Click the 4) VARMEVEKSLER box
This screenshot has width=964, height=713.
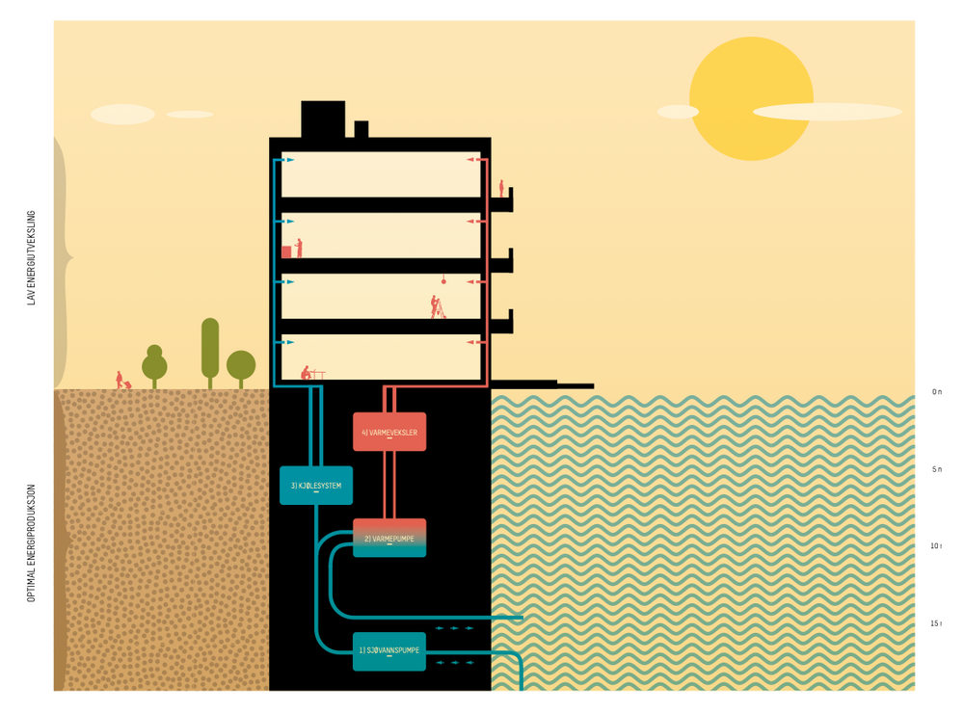389,432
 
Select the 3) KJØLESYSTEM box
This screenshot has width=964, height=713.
316,486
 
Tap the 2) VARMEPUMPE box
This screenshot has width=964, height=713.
389,538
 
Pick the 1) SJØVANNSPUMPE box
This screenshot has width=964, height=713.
389,651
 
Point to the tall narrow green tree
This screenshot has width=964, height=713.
210,349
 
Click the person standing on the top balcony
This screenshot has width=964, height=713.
501,188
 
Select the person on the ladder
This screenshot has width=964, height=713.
437,306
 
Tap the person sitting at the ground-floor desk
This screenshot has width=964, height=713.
307,372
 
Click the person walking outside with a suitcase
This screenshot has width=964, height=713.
120,380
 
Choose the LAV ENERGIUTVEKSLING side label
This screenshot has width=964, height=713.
31,257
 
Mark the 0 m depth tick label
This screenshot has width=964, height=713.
936,392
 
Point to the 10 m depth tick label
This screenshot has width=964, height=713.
935,546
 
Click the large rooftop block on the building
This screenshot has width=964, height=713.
323,119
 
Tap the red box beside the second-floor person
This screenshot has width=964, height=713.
286,251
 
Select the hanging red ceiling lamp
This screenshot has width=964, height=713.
443,280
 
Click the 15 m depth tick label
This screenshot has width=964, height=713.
935,623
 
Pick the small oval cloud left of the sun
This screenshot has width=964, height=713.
678,112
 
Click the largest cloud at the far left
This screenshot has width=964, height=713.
122,114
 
